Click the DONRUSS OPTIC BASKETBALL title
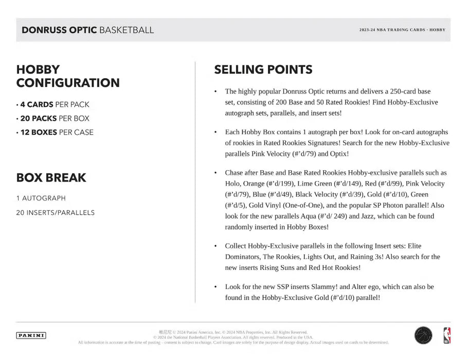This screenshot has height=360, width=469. click(87, 30)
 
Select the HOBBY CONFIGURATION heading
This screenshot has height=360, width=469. click(68, 76)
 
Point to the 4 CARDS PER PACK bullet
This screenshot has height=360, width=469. click(53, 104)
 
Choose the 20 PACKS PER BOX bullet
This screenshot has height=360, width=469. click(53, 118)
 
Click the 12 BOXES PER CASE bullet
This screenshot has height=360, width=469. click(56, 132)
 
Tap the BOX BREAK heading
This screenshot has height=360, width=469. click(51, 178)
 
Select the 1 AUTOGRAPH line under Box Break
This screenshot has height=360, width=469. click(41, 198)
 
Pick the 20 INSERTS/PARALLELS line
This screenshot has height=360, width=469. click(56, 212)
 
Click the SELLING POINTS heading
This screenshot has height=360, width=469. click(263, 70)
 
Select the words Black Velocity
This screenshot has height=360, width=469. click(319, 194)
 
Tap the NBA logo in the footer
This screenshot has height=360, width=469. click(446, 336)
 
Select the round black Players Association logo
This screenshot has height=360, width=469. click(423, 336)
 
